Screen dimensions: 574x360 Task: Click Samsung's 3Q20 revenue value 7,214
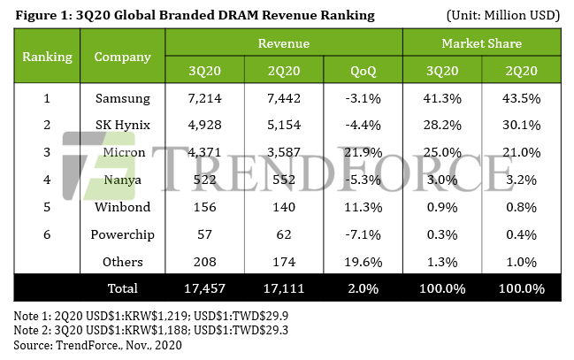click(204, 98)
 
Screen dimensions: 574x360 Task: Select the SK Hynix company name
click(123, 126)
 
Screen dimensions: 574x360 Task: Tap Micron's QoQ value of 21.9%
click(364, 152)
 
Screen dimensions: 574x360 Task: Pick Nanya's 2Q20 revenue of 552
click(284, 180)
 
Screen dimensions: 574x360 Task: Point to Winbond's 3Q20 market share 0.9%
click(442, 207)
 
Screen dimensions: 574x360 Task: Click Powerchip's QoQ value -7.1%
click(364, 234)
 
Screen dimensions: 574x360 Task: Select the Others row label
click(123, 262)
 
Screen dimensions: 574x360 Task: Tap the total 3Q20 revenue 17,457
click(204, 288)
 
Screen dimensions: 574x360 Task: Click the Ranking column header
click(47, 57)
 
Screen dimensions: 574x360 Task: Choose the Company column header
click(123, 57)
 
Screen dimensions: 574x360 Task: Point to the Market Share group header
click(482, 43)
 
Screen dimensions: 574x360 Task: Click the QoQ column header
click(364, 71)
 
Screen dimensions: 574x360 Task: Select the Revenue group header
click(284, 43)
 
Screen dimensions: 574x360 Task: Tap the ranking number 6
click(47, 234)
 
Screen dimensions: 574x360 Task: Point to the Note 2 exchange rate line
click(151, 330)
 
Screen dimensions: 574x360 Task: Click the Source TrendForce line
click(98, 345)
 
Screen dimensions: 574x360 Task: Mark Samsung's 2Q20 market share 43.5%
click(521, 98)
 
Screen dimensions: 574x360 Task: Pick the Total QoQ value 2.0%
click(364, 288)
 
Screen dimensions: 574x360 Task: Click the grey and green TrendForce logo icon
click(99, 166)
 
